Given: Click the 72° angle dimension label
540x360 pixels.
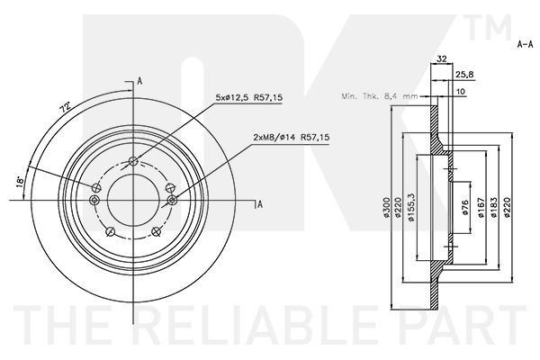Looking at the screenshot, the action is click(x=65, y=107).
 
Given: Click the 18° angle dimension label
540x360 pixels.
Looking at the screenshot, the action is click(x=20, y=182).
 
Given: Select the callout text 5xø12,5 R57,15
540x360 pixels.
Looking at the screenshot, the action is click(x=249, y=97).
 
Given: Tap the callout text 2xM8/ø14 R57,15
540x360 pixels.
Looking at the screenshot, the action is click(x=292, y=137).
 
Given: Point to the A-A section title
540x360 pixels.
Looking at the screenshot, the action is click(x=525, y=44).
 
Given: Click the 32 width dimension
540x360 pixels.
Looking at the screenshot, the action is click(x=442, y=58).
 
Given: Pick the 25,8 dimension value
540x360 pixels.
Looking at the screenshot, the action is click(x=465, y=74).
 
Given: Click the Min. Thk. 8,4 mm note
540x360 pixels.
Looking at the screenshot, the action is click(x=380, y=96).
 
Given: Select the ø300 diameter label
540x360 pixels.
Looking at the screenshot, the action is click(x=386, y=208).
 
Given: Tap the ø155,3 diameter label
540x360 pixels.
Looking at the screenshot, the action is click(x=410, y=207).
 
